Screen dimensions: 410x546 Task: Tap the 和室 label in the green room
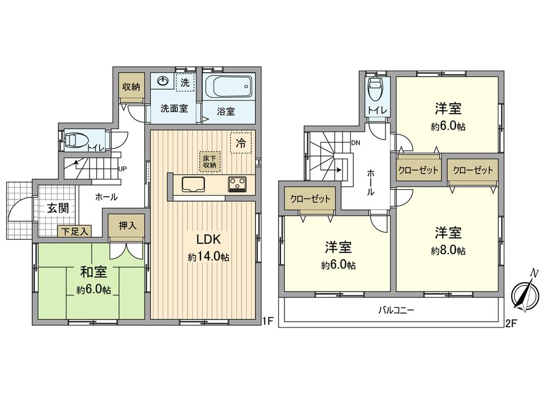click(x=93, y=272)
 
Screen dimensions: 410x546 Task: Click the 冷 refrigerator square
click(x=240, y=143)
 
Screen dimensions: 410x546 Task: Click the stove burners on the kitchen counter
click(x=238, y=184)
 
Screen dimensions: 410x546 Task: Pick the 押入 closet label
click(x=128, y=225)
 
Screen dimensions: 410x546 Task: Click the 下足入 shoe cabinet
click(x=74, y=232)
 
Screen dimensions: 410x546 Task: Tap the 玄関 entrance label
click(x=57, y=208)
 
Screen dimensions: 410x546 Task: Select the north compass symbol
click(x=525, y=295)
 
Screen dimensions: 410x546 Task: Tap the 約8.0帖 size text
click(x=448, y=251)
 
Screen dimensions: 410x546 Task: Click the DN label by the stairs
click(x=356, y=143)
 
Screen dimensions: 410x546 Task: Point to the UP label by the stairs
click(x=123, y=168)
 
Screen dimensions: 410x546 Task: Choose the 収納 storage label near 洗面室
click(x=132, y=86)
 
